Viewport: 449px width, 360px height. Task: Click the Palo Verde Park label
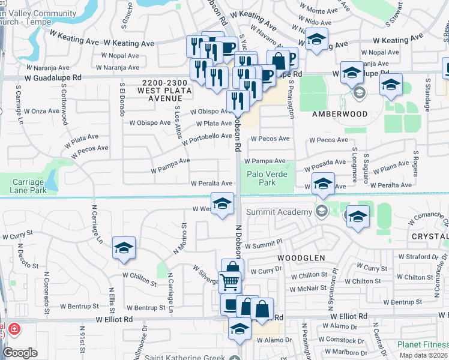tap(268, 178)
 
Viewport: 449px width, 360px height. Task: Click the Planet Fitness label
tap(423, 345)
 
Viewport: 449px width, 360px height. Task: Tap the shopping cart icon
tap(229, 282)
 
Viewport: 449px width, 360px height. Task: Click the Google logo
tap(20, 353)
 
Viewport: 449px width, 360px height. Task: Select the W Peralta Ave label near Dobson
tap(211, 184)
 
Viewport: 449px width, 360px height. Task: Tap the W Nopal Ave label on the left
tap(120, 55)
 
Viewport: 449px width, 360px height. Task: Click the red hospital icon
tap(13, 331)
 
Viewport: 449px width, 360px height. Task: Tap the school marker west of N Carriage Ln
tap(124, 249)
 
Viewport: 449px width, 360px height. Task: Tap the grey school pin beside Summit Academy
tap(321, 211)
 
